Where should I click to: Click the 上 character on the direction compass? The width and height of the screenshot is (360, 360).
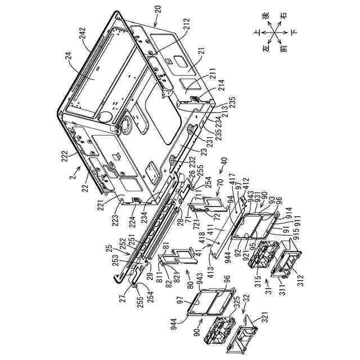(x=257, y=32)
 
